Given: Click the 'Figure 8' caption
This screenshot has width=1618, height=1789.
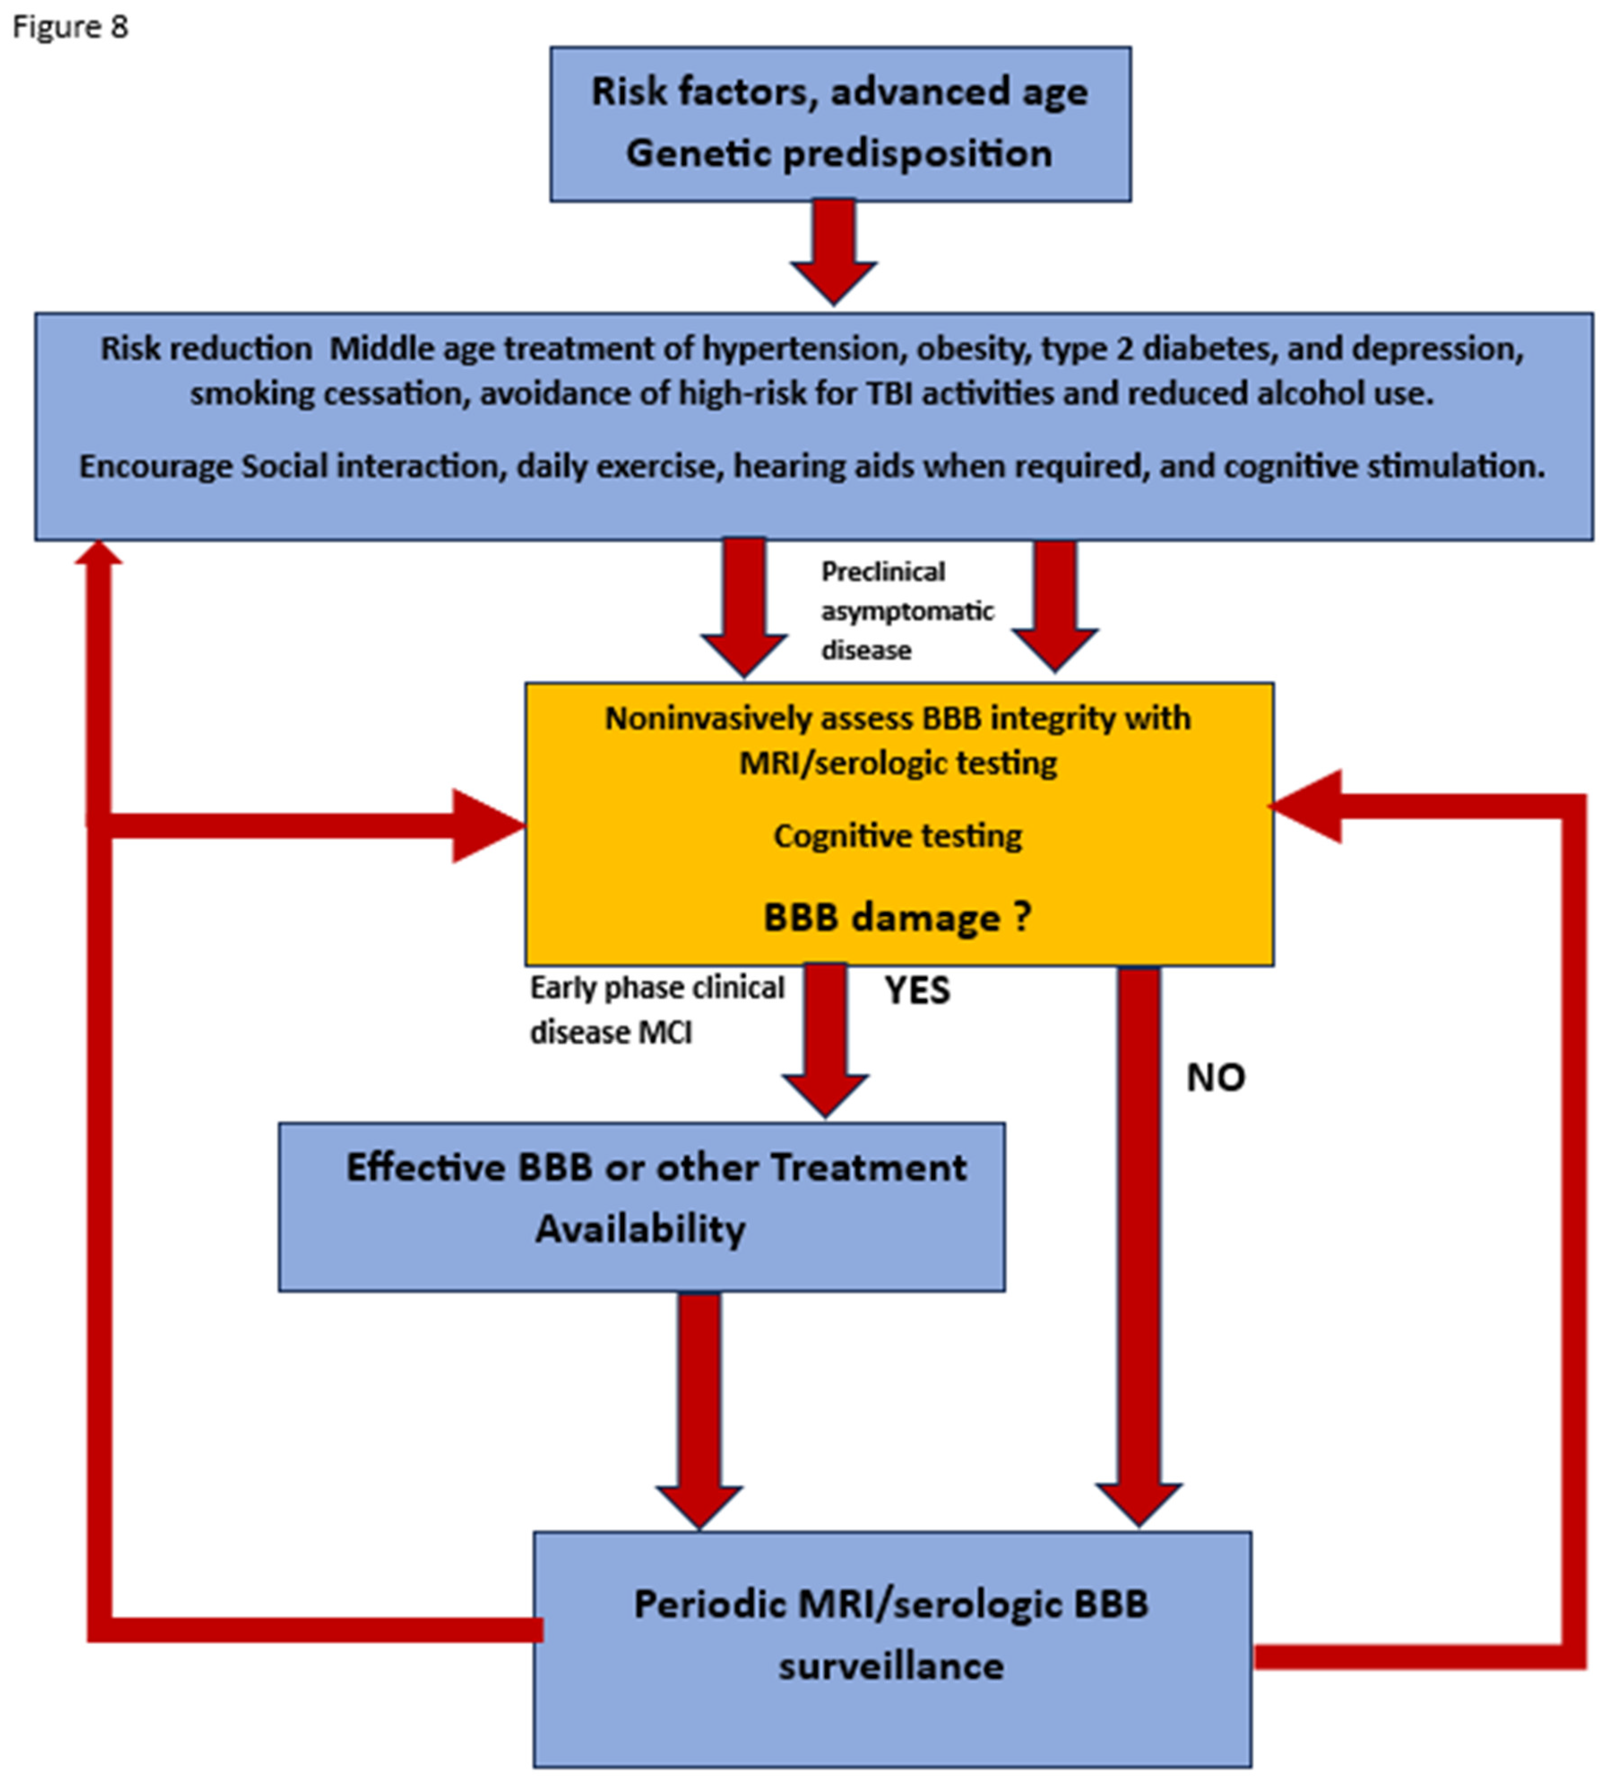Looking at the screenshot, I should click(70, 26).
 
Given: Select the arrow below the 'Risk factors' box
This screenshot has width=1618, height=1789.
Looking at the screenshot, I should click(833, 253).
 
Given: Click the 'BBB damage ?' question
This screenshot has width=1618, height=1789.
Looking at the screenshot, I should click(897, 917).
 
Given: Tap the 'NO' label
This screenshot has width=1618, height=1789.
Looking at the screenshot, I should click(1215, 1078).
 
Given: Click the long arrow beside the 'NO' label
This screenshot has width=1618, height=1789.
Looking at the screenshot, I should click(1139, 1242).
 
